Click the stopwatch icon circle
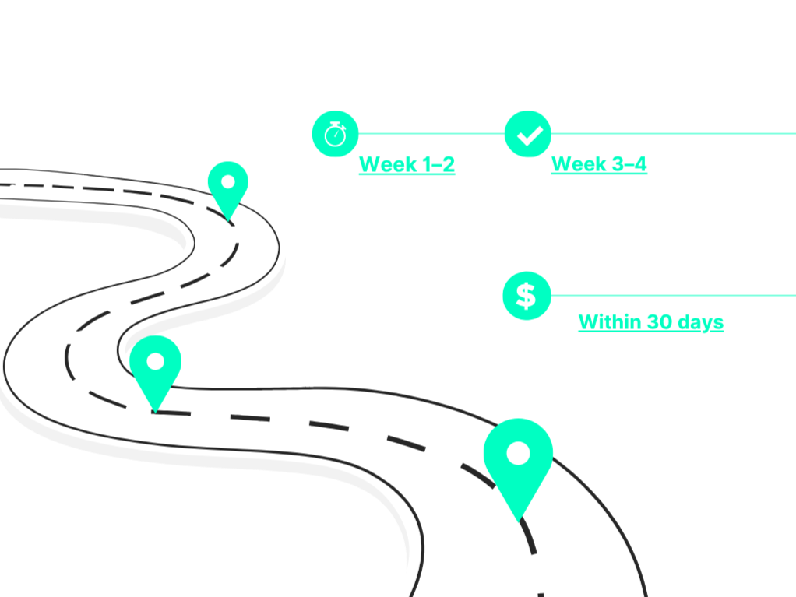(335, 133)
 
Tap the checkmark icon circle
(527, 134)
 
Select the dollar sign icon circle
(527, 296)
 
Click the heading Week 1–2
(407, 164)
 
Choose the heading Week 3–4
(599, 164)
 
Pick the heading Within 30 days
(650, 322)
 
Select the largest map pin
(518, 460)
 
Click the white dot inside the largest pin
(518, 453)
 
